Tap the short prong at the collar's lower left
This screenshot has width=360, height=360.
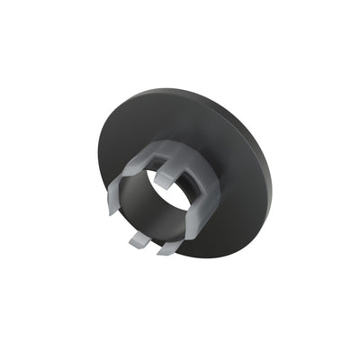[x=138, y=239]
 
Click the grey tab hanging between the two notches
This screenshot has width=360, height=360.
[x=165, y=177]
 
